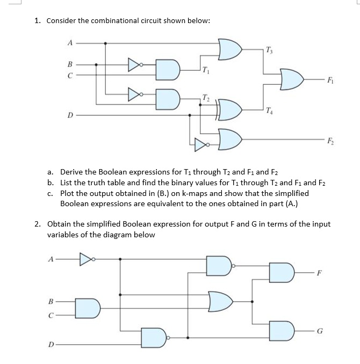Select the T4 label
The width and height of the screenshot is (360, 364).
tap(270, 111)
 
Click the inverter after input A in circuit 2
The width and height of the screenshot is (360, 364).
tap(87, 260)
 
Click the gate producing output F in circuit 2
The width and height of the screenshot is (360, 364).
tap(282, 273)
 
